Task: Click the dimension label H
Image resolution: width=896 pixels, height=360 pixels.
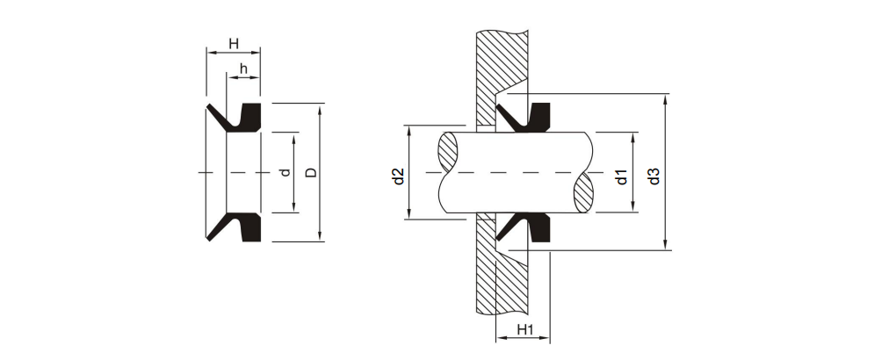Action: tap(233, 43)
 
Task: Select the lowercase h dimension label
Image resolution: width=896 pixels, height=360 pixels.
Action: tap(243, 68)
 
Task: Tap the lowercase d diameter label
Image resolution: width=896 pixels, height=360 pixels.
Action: tap(284, 172)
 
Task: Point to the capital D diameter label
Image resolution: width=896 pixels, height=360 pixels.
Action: tap(310, 172)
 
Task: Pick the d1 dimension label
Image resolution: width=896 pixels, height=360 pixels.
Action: tap(621, 175)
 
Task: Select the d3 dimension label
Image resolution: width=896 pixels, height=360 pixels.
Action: tap(653, 175)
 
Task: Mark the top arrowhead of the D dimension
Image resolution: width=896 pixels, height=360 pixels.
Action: tap(321, 108)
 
